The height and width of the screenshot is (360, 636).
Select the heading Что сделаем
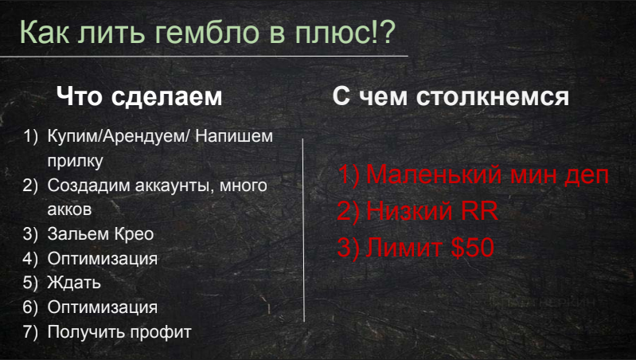139,96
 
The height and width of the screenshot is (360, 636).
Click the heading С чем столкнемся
451,96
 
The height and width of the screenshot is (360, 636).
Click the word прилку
75,161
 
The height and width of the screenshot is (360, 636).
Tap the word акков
69,209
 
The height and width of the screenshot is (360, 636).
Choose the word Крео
134,234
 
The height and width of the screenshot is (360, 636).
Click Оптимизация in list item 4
102,259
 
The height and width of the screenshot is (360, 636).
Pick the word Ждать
74,283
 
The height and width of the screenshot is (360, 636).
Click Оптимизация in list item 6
102,307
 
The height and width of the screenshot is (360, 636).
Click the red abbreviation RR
479,211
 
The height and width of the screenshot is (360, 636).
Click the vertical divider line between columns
303,230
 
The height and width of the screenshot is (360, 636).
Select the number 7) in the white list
30,332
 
